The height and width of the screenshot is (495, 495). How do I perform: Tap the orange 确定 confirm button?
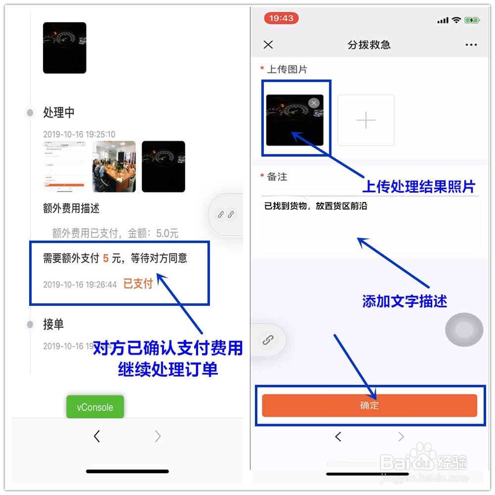click(369, 405)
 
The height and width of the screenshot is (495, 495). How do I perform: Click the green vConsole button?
click(95, 407)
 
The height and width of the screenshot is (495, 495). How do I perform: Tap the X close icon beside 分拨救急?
click(268, 45)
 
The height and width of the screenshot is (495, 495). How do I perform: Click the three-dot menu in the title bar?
click(471, 45)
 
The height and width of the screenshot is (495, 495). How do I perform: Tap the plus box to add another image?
click(366, 120)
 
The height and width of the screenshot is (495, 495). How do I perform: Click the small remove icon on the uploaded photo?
click(314, 103)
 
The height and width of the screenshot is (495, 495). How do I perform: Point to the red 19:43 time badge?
click(281, 18)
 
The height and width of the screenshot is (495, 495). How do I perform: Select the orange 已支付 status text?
click(138, 284)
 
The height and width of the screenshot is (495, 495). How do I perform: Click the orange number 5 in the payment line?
click(106, 258)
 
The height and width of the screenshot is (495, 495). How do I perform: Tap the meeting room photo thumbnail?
click(114, 166)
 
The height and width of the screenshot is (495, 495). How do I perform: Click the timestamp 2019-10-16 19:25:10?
click(79, 134)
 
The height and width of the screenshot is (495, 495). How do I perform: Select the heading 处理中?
click(59, 112)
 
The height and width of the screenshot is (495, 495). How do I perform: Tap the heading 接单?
click(53, 324)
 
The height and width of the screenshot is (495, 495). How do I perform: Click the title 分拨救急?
click(369, 45)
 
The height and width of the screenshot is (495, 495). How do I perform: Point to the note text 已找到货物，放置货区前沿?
click(316, 206)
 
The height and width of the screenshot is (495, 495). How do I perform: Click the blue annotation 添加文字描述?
click(404, 301)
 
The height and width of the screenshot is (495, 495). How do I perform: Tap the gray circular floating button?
click(464, 330)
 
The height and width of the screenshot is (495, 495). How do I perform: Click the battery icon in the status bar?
click(472, 20)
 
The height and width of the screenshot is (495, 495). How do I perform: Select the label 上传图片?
click(287, 69)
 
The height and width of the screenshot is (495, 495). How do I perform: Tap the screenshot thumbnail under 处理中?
click(64, 166)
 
